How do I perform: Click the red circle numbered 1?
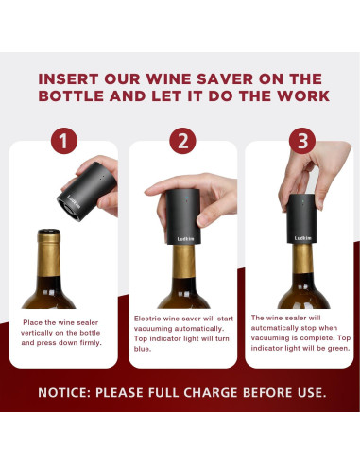click(63, 142)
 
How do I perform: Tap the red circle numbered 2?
click(181, 142)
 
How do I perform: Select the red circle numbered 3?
click(300, 142)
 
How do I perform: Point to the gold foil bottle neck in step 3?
click(302, 274)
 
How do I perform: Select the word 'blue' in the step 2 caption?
click(144, 349)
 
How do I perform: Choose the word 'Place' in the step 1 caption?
click(35, 323)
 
